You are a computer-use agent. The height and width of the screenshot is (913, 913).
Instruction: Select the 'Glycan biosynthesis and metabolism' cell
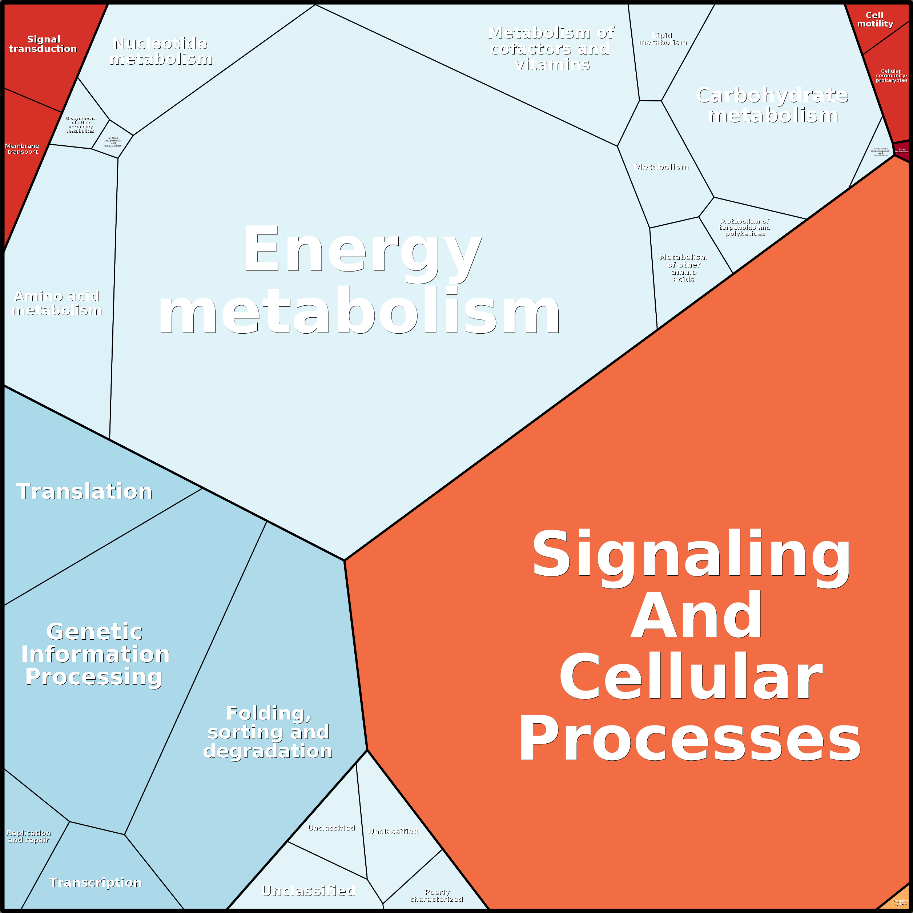click(112, 142)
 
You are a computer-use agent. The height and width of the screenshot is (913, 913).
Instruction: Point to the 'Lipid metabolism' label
click(663, 39)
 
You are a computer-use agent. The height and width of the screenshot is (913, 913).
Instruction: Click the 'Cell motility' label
click(875, 19)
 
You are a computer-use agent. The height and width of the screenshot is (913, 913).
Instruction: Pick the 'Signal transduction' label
click(43, 44)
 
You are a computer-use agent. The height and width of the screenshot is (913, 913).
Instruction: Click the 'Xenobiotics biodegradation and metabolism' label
click(880, 151)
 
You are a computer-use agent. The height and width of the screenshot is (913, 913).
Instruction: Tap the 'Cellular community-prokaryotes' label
click(891, 76)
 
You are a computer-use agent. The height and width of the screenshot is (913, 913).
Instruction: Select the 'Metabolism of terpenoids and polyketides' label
click(745, 227)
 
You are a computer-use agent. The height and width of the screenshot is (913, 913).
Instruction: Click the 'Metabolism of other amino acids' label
click(683, 268)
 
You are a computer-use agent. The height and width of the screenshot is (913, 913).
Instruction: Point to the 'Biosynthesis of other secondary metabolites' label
click(80, 125)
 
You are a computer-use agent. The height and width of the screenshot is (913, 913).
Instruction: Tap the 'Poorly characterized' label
click(437, 896)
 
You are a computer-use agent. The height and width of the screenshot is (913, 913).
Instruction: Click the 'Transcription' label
click(96, 882)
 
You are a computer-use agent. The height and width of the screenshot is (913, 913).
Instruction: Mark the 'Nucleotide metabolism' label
click(161, 51)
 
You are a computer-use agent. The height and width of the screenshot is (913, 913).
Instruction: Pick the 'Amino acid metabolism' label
click(57, 303)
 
